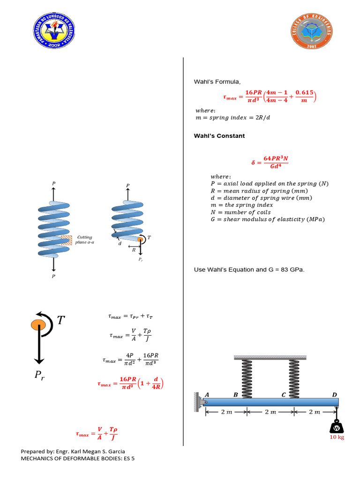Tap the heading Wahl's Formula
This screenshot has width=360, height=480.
pyautogui.click(x=217, y=82)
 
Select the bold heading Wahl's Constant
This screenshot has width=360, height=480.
pyautogui.click(x=219, y=136)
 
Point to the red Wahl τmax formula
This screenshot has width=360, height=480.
pyautogui.click(x=270, y=97)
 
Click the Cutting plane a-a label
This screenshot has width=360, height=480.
pyautogui.click(x=85, y=240)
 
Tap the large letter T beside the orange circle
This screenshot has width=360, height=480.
pyautogui.click(x=61, y=320)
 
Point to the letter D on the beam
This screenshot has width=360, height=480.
pyautogui.click(x=335, y=395)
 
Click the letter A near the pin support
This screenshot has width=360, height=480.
pyautogui.click(x=207, y=395)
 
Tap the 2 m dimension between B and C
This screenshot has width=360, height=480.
pyautogui.click(x=270, y=412)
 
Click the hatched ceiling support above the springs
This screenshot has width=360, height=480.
pyautogui.click(x=270, y=358)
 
